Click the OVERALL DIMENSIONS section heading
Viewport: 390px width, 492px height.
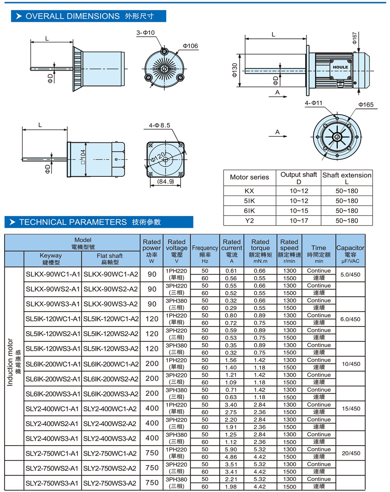tap(89, 16)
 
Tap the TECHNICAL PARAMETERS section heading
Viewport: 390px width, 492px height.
tap(90, 222)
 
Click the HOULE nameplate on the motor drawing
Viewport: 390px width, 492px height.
tap(340, 67)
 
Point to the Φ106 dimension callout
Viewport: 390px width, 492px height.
tap(190, 46)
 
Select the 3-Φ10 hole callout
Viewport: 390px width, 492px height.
tap(145, 33)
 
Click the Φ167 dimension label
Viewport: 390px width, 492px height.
tap(355, 38)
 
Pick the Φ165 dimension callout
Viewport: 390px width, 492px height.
tap(366, 104)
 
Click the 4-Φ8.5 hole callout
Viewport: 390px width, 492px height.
tap(160, 125)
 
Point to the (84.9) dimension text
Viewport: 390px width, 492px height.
tap(165, 182)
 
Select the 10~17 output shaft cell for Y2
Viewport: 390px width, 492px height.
tap(299, 220)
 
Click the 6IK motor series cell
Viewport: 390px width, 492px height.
tap(249, 211)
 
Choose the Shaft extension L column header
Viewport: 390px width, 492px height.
tap(347, 178)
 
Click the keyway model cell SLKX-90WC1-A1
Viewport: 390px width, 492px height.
tap(53, 274)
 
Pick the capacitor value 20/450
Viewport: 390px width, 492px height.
tap(351, 453)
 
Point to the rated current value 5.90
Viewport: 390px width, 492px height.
tap(231, 450)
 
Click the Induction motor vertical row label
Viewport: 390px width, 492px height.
tap(11, 362)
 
